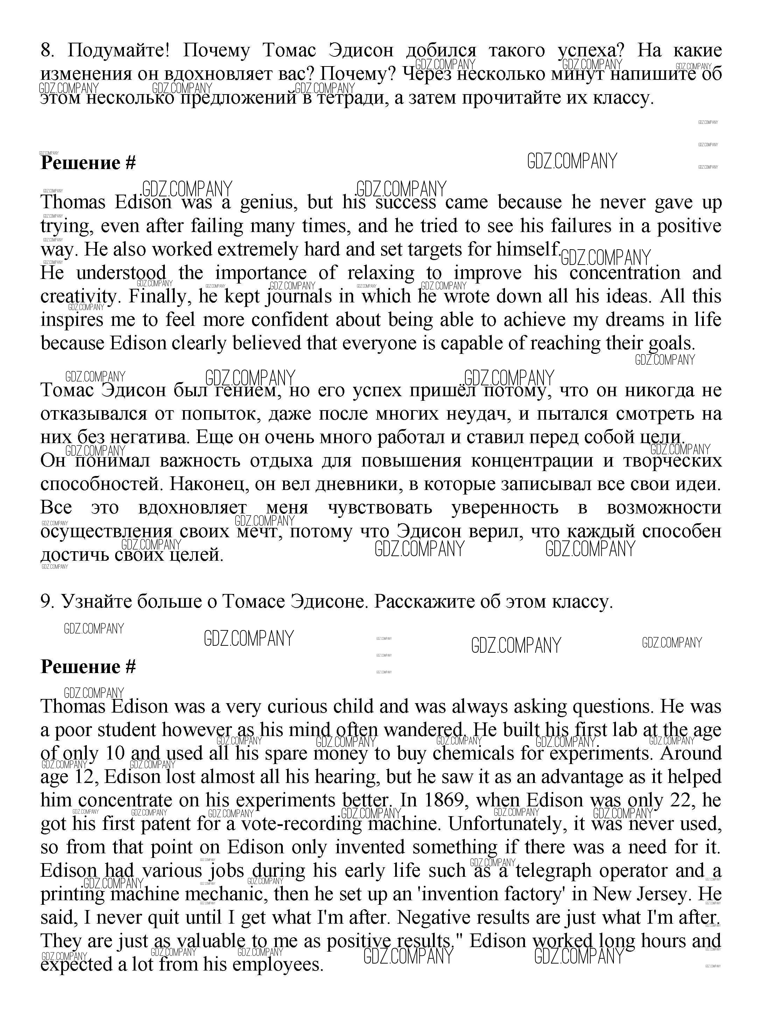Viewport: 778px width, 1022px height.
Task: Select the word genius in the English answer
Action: coord(268,202)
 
